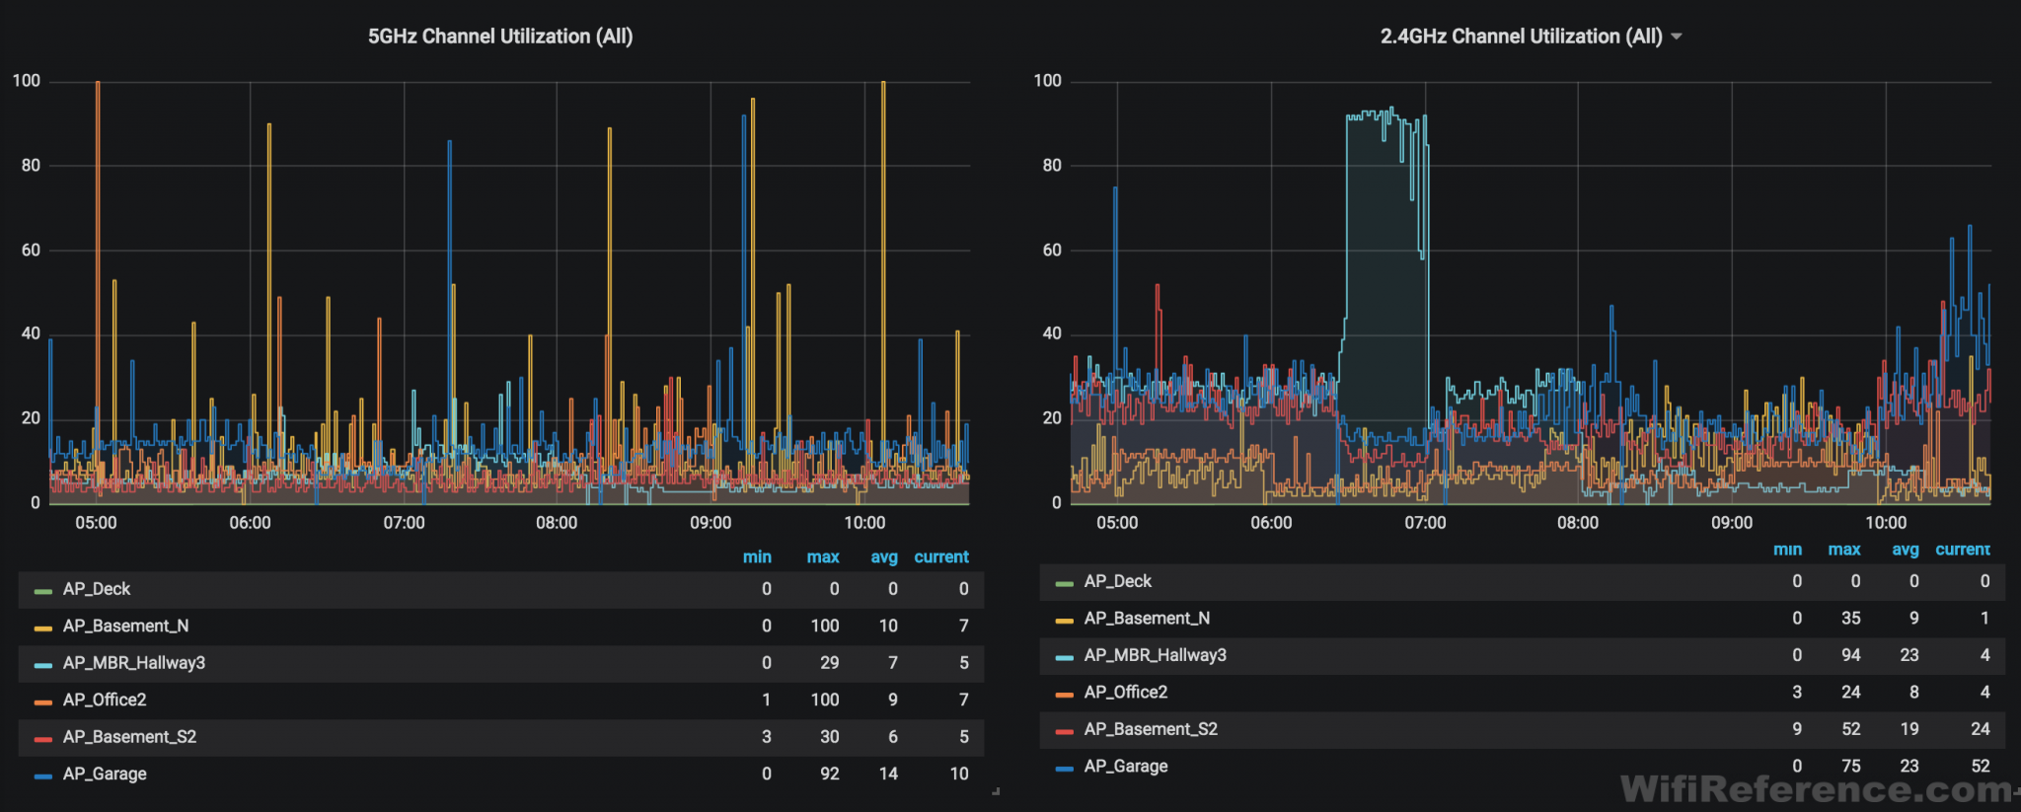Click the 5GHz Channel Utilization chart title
click(x=500, y=37)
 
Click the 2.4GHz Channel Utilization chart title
click(x=1521, y=37)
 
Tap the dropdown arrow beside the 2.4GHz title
click(x=1677, y=37)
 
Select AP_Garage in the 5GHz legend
click(x=105, y=774)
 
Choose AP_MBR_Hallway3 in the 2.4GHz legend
click(x=1155, y=655)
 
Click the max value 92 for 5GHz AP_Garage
click(x=829, y=774)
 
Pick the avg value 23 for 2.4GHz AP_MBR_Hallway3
click(x=1909, y=655)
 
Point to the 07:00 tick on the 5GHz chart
click(x=404, y=523)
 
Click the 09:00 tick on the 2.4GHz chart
click(x=1732, y=523)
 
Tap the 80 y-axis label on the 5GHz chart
click(x=31, y=166)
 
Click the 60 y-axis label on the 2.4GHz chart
click(x=1052, y=251)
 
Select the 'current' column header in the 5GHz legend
click(x=940, y=557)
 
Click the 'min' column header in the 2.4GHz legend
click(x=1787, y=550)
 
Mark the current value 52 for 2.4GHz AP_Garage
click(x=1980, y=766)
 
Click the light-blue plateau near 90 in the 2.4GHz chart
click(x=1377, y=116)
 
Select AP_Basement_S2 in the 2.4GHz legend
click(x=1151, y=729)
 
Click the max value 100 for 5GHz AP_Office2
click(x=824, y=700)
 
